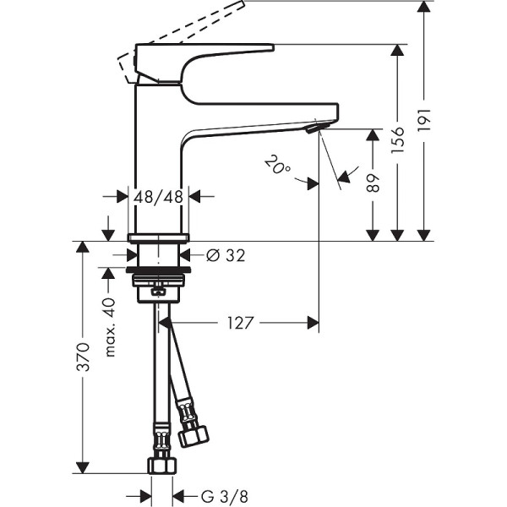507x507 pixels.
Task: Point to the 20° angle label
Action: click(x=276, y=164)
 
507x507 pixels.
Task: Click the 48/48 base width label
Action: click(x=159, y=196)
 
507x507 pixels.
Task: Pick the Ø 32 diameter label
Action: click(x=225, y=255)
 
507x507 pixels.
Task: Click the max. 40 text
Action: click(x=109, y=327)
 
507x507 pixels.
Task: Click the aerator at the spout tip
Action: click(x=315, y=126)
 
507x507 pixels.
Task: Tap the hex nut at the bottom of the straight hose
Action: click(x=160, y=465)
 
